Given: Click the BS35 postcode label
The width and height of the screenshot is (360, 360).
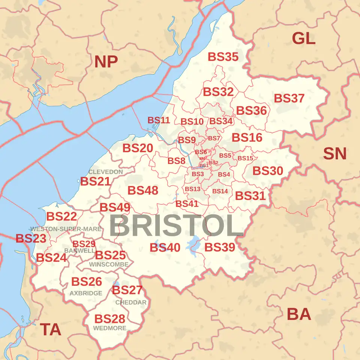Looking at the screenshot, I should click(223, 57).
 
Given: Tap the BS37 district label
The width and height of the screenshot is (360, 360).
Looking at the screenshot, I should click(289, 98).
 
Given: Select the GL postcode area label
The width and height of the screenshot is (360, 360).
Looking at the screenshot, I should click(303, 38).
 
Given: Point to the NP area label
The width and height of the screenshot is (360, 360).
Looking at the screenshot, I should click(106, 61).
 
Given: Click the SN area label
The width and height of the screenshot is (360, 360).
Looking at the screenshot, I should click(334, 154).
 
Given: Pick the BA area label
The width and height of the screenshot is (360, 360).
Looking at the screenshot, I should click(299, 314).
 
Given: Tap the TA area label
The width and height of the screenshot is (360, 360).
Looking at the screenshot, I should click(51, 330).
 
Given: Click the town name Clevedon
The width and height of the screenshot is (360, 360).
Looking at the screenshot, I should click(105, 172).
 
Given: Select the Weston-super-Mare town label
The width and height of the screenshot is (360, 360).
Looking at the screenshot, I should click(66, 229).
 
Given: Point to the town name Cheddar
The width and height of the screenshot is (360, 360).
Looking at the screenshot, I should click(131, 302).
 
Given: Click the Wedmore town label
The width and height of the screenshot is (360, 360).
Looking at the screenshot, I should click(110, 328).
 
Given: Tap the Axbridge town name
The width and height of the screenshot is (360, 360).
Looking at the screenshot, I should click(86, 293).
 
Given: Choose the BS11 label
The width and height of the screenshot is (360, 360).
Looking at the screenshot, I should click(159, 120).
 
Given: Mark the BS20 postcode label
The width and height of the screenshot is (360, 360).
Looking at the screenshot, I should click(138, 148).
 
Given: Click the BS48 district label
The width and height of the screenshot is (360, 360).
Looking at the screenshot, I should click(143, 190).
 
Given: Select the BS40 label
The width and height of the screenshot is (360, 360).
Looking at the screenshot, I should click(165, 247).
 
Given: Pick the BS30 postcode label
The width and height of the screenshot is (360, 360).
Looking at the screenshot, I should click(268, 171).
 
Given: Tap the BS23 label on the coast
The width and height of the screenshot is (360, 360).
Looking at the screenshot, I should click(31, 238).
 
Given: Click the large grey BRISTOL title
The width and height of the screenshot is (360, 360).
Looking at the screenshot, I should click(176, 226).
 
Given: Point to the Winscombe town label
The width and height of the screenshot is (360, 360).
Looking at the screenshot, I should click(109, 264).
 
